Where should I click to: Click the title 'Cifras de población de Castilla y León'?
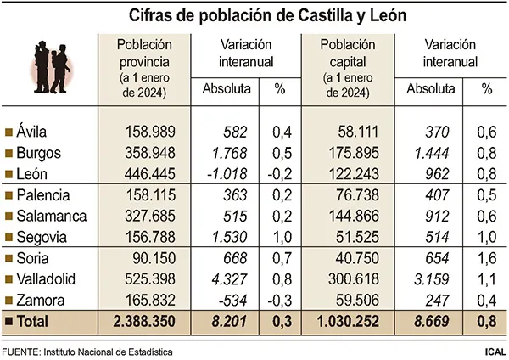255,15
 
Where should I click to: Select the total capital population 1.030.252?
353,322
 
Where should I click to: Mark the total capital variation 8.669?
432,322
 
